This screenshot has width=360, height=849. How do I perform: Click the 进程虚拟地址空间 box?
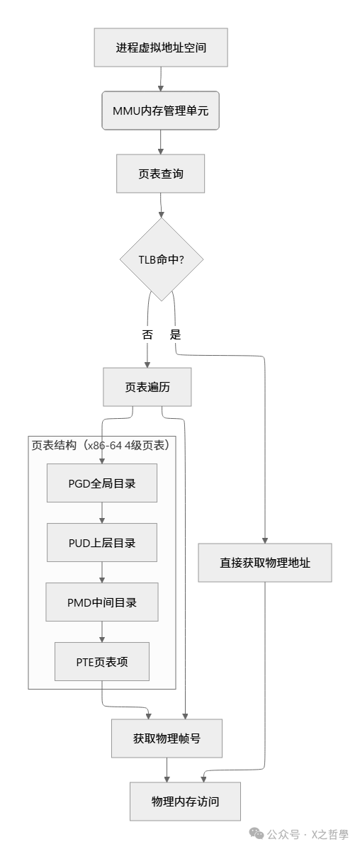[x=161, y=48]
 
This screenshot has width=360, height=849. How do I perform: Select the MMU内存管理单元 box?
[x=161, y=111]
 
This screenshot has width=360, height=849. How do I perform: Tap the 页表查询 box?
[x=161, y=173]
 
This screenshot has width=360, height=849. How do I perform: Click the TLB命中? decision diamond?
[x=162, y=259]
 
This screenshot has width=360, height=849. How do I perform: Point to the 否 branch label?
[x=147, y=335]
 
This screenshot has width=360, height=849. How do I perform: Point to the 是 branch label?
[x=175, y=335]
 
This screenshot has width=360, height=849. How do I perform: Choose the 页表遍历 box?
[x=147, y=387]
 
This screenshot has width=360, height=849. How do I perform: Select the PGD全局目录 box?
[x=102, y=483]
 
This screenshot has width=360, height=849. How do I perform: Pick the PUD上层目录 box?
[x=102, y=543]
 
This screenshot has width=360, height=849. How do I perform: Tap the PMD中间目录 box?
[x=102, y=602]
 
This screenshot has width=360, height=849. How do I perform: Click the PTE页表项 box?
[x=102, y=662]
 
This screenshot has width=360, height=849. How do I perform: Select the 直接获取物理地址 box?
[x=265, y=563]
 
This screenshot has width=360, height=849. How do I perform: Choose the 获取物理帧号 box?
[x=167, y=738]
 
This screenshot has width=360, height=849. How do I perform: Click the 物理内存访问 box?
[x=185, y=802]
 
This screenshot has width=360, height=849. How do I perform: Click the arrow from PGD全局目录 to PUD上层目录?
[x=102, y=513]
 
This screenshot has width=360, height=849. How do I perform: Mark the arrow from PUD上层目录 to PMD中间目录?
[x=102, y=573]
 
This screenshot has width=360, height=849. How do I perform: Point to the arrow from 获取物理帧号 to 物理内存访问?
[x=167, y=770]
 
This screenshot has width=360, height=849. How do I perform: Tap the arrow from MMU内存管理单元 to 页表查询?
[x=161, y=142]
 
